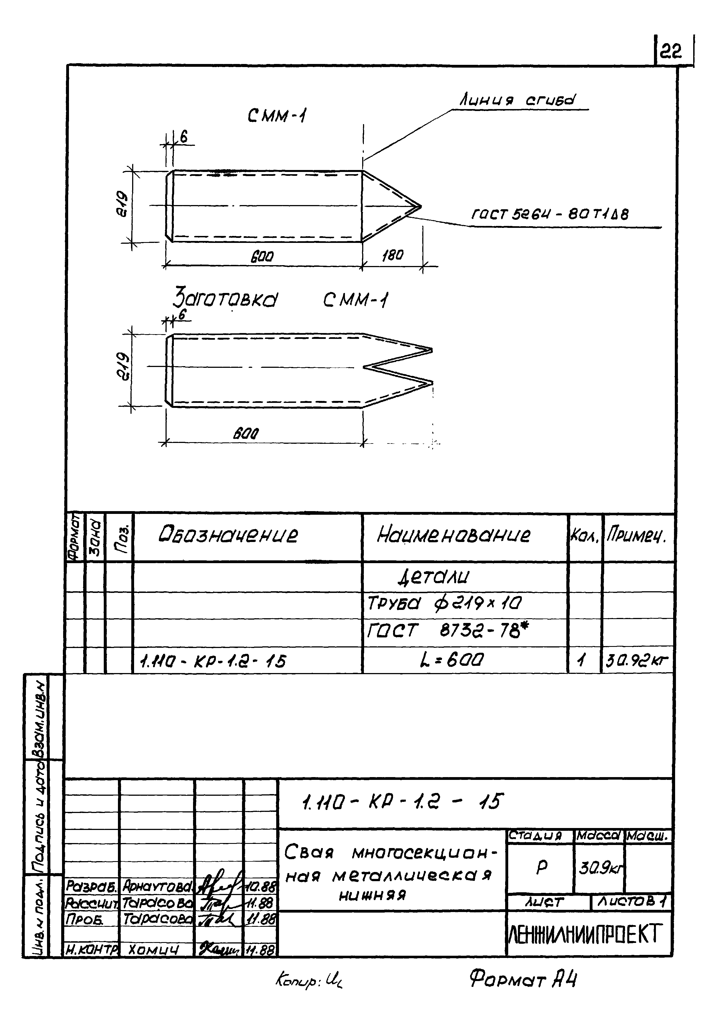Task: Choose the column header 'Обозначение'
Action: click(228, 534)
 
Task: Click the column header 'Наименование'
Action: click(453, 534)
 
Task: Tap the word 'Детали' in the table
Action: click(433, 577)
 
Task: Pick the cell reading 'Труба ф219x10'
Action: click(444, 603)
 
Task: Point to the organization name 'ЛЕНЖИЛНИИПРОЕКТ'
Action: click(584, 933)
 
